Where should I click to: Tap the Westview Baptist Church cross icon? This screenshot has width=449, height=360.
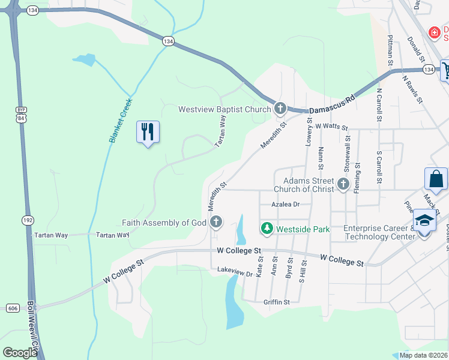[280, 109]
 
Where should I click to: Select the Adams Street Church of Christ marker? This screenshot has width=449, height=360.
[343, 184]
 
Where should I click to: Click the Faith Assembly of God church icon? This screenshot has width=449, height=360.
[216, 223]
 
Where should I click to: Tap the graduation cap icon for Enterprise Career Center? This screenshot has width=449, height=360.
[424, 222]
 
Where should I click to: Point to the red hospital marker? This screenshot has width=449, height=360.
[433, 31]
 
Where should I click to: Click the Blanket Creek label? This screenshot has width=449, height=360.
[120, 120]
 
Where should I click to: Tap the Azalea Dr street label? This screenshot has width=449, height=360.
[285, 205]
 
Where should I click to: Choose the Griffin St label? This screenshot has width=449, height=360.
[276, 302]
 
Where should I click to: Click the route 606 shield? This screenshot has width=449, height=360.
[13, 308]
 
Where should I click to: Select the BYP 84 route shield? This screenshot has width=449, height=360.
[21, 115]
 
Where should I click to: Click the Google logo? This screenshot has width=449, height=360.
[20, 353]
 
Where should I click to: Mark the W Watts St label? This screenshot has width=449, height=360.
[331, 127]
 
